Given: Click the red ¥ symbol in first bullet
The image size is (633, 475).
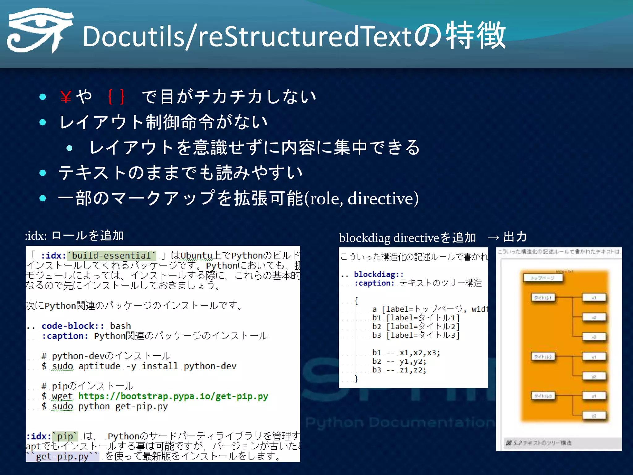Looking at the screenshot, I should point(66,97).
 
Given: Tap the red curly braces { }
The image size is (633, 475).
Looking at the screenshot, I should point(117,96).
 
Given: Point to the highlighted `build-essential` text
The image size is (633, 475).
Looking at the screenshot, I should point(112,256).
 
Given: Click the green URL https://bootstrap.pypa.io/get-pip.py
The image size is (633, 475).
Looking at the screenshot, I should point(173,396).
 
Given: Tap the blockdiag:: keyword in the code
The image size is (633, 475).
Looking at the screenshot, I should point(379,274).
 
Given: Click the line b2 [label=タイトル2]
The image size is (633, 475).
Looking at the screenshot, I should point(415,327).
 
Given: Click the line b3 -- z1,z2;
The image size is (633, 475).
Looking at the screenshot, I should point(399,370).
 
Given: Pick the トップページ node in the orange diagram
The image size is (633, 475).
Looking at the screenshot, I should point(543,278).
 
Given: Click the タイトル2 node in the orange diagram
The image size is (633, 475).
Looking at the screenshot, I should point(543,357).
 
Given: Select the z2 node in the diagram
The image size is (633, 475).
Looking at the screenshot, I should point(594,416).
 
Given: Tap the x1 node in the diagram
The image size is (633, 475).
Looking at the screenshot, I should point(594,298).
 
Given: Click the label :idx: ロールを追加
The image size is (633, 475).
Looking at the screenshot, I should point(74,236).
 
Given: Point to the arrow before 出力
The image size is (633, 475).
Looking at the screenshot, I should point(493,237).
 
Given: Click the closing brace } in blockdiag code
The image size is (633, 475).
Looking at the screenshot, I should point(356,379).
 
